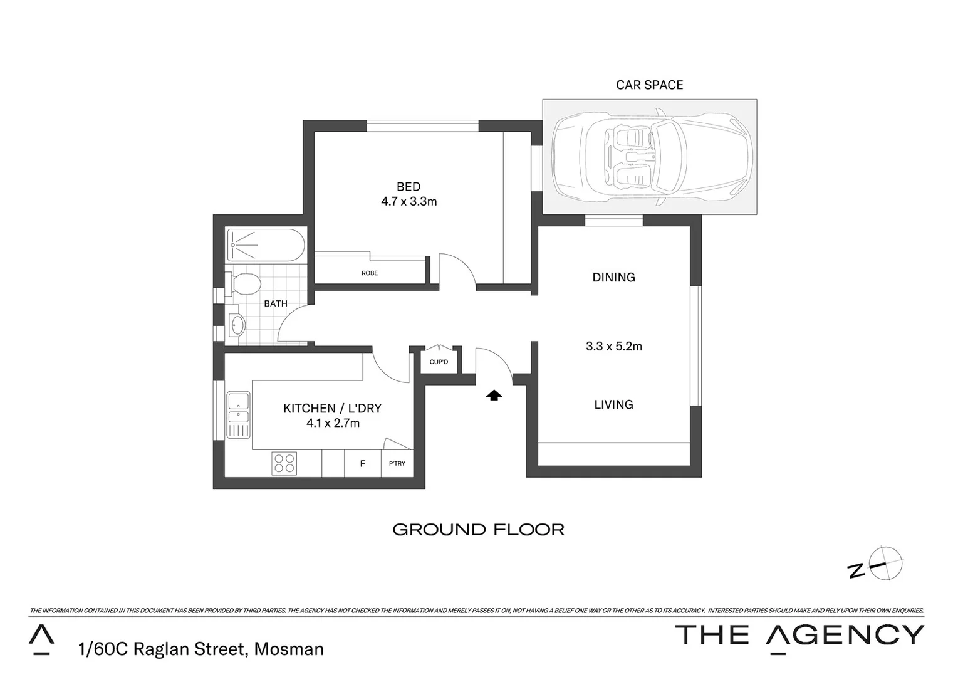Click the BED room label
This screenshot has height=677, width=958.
click(409, 186)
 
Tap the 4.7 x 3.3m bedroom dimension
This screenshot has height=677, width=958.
click(409, 202)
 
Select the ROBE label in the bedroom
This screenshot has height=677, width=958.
click(370, 273)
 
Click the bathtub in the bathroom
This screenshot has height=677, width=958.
click(266, 245)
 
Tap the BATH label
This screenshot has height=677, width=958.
click(276, 303)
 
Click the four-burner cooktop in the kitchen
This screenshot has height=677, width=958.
click(284, 463)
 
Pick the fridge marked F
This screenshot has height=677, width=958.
click(362, 464)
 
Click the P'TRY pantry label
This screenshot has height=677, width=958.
click(397, 464)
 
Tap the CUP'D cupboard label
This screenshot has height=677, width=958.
click(439, 362)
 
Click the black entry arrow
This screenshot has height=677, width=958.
click(494, 395)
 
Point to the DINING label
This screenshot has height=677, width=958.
click(613, 277)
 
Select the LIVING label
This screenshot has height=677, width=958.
click(613, 405)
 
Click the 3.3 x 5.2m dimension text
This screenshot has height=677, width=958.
click(613, 346)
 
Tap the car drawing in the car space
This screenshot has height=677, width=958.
click(652, 157)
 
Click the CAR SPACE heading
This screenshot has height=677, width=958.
click(649, 85)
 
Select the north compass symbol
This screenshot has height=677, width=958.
click(883, 562)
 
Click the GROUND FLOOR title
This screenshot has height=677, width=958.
click(478, 530)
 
